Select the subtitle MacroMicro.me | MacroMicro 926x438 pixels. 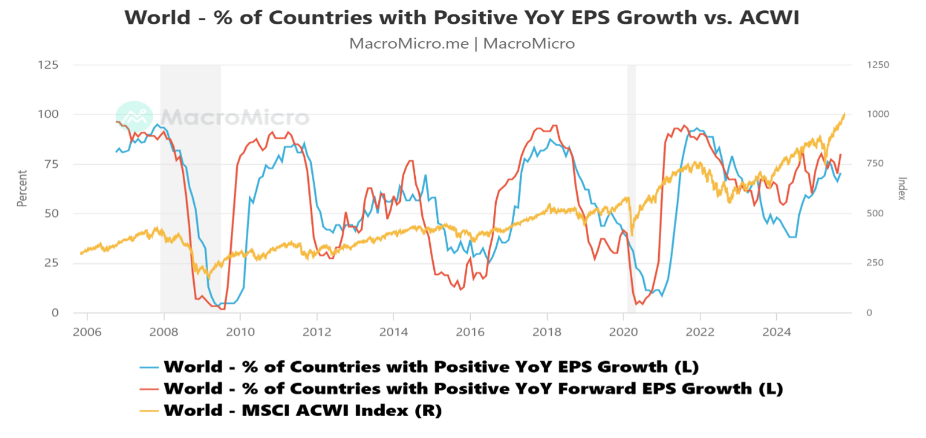coord(462,43)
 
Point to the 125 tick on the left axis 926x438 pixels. coord(48,65)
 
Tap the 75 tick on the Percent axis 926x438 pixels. coord(51,164)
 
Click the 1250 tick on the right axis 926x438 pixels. coord(877,65)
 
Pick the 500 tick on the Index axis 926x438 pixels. coord(875,213)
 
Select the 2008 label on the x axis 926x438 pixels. coord(164,332)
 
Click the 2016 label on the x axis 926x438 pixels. coord(470,332)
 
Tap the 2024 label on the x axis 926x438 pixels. coord(776,332)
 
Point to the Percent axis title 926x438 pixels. coord(22,188)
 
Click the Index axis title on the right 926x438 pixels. coord(902,189)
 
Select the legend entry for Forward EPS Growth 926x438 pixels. coord(473,388)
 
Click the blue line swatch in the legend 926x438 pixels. coord(149,367)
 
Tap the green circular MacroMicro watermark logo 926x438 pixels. coord(134,117)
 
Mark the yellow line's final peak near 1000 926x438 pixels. coord(844,114)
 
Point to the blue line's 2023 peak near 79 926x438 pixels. coord(732,156)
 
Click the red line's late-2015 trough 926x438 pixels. coord(460,289)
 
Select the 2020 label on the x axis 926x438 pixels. coord(624,332)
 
